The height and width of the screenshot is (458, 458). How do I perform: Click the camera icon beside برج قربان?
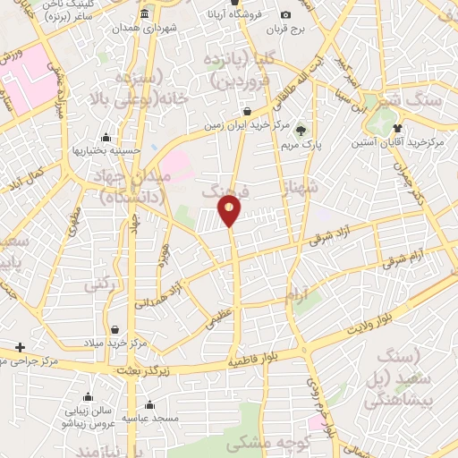285,14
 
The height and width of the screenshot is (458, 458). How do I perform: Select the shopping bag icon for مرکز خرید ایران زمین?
247,111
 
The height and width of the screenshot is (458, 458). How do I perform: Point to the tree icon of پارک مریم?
301,128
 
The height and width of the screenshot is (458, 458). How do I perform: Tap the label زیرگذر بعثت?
146,368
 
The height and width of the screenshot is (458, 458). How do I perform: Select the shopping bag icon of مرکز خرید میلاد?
114,329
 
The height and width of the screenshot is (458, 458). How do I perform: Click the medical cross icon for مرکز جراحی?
21,346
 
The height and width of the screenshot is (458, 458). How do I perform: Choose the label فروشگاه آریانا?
235,14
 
